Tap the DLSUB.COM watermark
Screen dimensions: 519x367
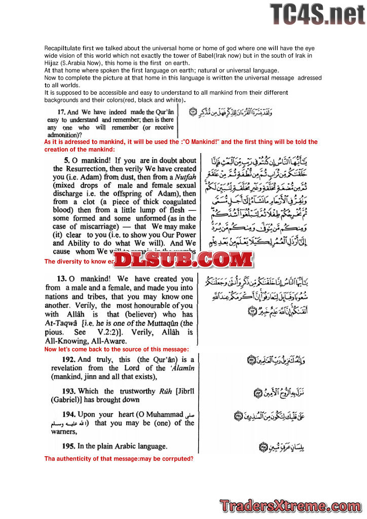click(182, 259)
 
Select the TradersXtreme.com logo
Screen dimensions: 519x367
click(290, 506)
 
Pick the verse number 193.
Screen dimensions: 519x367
click(70, 391)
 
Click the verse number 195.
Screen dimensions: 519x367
click(70, 446)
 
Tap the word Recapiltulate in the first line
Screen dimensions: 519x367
click(63, 48)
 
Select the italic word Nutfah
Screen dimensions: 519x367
click(183, 177)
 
